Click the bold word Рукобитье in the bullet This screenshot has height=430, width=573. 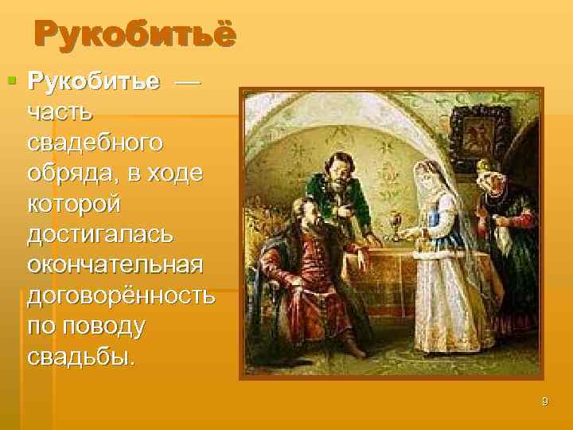click(94, 81)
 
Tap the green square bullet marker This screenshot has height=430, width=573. click(11, 80)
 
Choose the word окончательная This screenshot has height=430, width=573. click(115, 264)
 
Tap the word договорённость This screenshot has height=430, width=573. click(120, 295)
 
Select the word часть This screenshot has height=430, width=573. click(58, 113)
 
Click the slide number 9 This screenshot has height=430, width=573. click(544, 401)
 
